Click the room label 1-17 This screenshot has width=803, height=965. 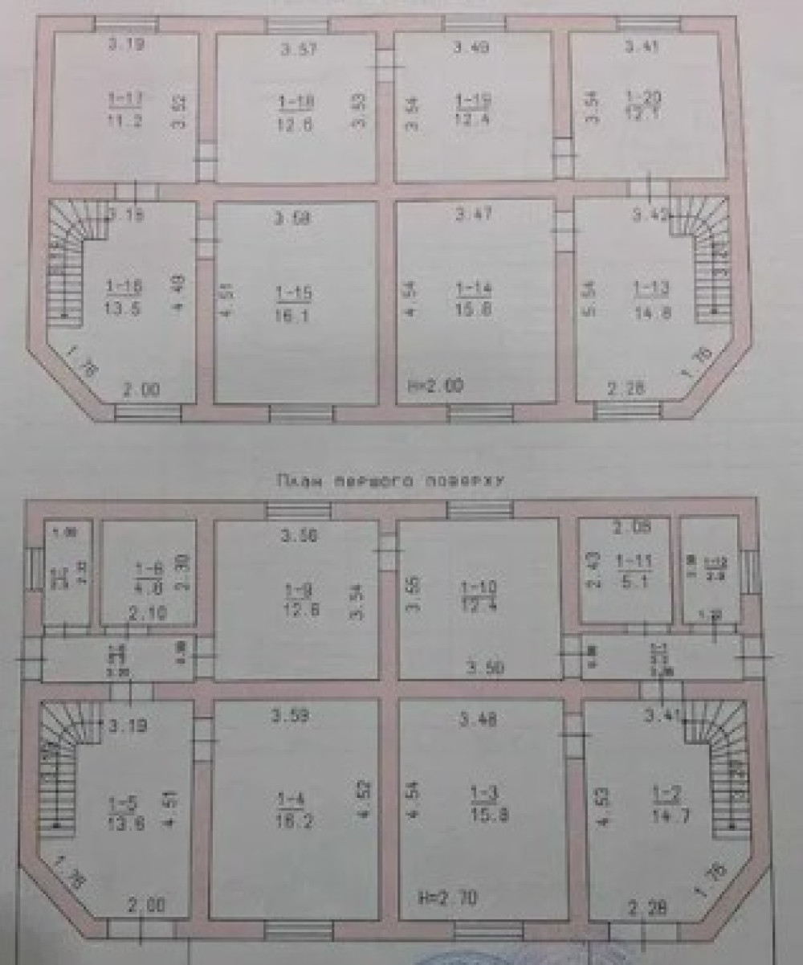click(x=124, y=98)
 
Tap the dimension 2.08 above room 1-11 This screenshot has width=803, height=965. click(x=629, y=527)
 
